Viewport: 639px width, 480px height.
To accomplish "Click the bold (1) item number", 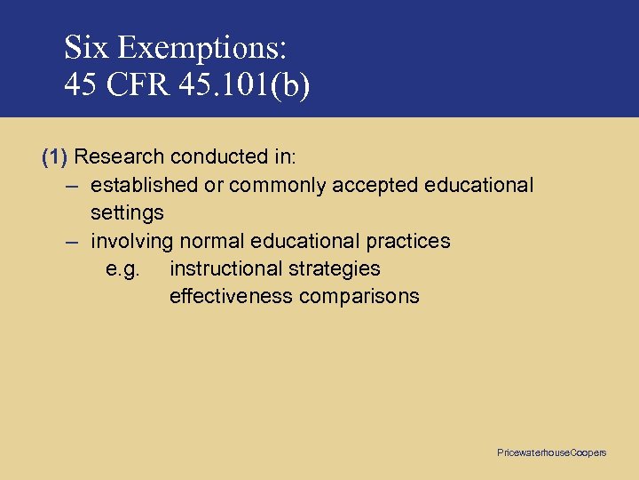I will [55, 157].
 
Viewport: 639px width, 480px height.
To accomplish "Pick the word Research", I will [119, 157].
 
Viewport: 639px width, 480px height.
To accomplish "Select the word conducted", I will [215, 157].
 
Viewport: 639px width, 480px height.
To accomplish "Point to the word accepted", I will [376, 185].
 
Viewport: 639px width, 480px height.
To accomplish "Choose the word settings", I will [127, 213].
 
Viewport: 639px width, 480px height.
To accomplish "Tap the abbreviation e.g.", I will [122, 268].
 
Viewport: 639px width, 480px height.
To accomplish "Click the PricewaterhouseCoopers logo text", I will [551, 453].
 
